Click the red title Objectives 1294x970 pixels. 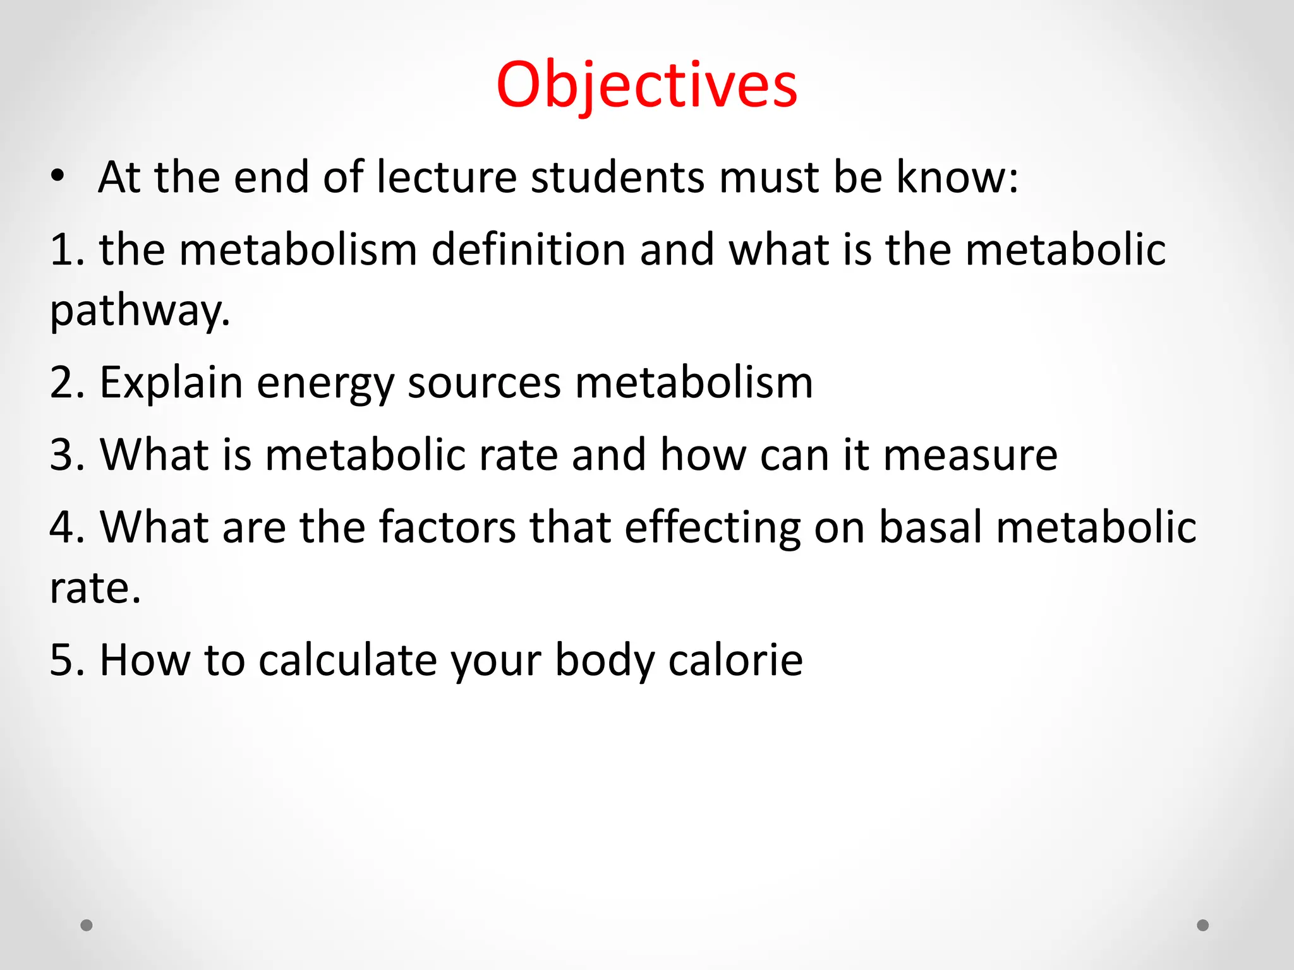(x=646, y=85)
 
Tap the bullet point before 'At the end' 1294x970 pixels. (x=58, y=177)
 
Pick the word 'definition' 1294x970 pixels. (x=528, y=249)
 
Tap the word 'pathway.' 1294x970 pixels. (x=140, y=311)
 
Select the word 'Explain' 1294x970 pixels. (x=171, y=383)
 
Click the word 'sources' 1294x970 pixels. (x=484, y=383)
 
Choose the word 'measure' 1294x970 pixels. (x=970, y=455)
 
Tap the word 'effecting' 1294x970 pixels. (x=712, y=527)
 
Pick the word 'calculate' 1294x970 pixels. (x=348, y=660)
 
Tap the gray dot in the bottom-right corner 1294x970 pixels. (x=1203, y=925)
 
